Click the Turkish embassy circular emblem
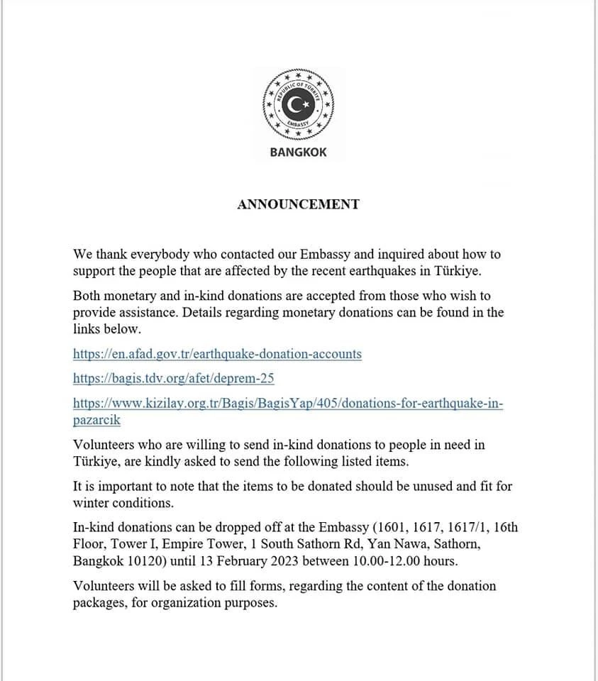[298, 106]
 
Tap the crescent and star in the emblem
[298, 106]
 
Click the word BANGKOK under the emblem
[298, 152]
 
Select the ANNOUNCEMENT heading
[298, 204]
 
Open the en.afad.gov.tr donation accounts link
[217, 353]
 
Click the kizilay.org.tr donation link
[288, 404]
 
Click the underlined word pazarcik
[96, 420]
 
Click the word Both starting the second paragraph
[87, 296]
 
